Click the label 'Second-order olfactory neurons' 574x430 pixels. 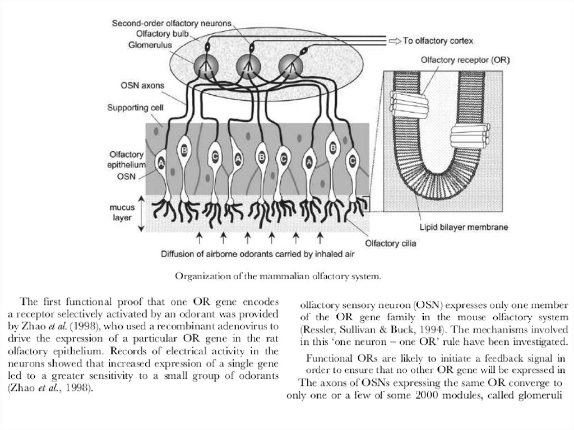tap(171, 23)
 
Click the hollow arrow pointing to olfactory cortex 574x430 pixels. tap(394, 41)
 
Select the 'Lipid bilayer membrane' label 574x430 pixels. tap(464, 228)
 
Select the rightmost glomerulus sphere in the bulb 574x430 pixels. tap(290, 66)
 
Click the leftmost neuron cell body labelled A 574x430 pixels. tap(161, 163)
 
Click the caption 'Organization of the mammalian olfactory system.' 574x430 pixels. tap(279, 276)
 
